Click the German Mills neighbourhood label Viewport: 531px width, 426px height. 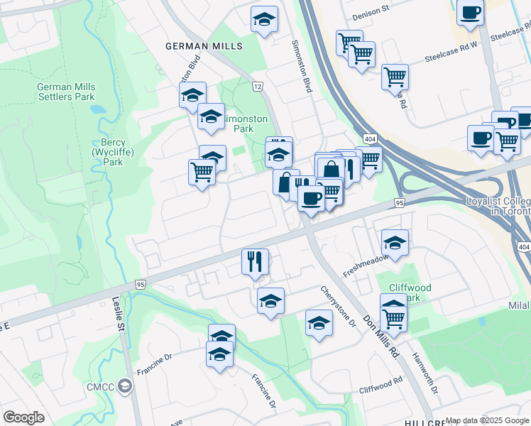click(204, 46)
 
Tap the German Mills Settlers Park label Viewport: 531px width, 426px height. click(66, 92)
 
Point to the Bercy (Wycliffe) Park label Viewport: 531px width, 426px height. click(107, 152)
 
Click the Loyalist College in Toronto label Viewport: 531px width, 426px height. click(498, 206)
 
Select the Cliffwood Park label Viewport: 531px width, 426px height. click(410, 293)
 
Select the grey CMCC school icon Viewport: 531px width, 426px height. click(126, 386)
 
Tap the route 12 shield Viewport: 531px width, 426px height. click(257, 87)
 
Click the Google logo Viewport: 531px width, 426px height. click(23, 417)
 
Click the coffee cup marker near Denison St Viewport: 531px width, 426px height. click(471, 13)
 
